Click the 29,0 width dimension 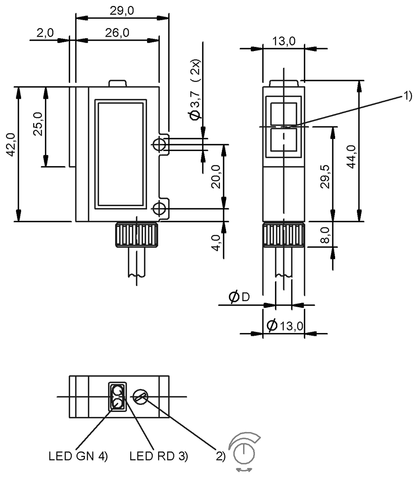tap(122, 11)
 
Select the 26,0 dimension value tap(117, 33)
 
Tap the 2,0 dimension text tap(45, 33)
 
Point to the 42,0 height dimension tap(11, 145)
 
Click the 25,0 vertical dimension tap(38, 124)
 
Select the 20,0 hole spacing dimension tap(216, 176)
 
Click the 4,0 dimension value tap(216, 243)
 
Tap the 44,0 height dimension tap(351, 157)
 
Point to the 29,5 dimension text tap(325, 176)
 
